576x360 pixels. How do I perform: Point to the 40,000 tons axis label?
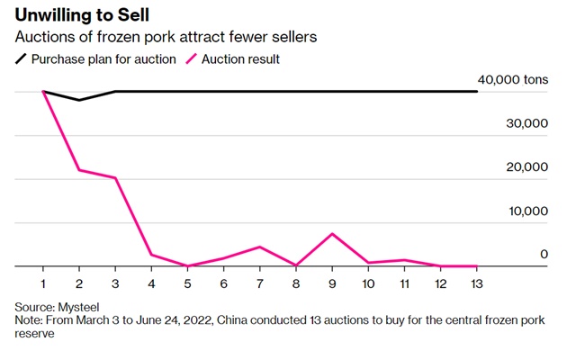[x=515, y=80]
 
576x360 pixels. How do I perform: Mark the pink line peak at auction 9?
[x=332, y=234]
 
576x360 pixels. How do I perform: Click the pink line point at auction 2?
[x=79, y=170]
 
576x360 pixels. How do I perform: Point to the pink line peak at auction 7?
[x=260, y=247]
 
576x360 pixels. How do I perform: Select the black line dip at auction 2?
[x=79, y=100]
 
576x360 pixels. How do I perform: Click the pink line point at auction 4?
[x=151, y=255]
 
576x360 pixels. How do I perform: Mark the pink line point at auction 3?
[x=115, y=178]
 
